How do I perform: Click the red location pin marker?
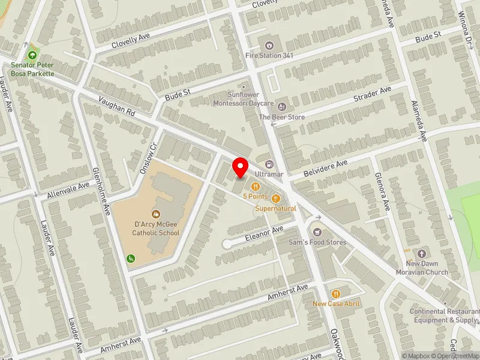241,166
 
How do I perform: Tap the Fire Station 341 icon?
269,44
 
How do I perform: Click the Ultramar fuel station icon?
269,164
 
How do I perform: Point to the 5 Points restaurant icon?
255,186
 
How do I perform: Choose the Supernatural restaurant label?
275,208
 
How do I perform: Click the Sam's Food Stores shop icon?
317,232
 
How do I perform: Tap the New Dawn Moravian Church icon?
421,254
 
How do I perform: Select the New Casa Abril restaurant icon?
336,293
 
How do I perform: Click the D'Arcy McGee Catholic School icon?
156,214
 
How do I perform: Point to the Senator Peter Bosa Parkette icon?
32,55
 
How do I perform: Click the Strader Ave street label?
372,93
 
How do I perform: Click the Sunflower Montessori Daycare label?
243,98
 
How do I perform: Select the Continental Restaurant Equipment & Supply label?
445,316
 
